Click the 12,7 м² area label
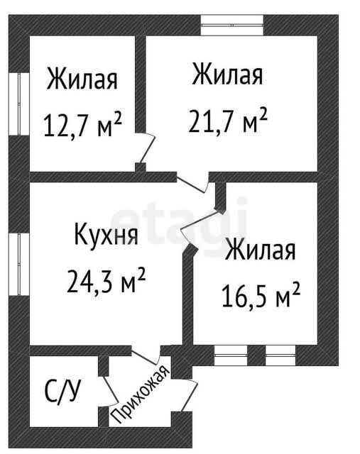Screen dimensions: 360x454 tap(82, 125)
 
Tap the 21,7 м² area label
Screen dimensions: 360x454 tap(227, 120)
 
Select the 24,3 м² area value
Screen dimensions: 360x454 tap(106, 280)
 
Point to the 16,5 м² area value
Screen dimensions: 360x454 tap(261, 294)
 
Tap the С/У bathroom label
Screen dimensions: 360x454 tap(62, 392)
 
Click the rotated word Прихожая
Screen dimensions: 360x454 tap(141, 394)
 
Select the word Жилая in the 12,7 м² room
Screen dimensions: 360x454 tap(82, 79)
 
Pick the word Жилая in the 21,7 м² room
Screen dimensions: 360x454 tap(227, 74)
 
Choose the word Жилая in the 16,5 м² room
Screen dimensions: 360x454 tap(261, 249)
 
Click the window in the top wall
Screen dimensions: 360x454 tap(232, 26)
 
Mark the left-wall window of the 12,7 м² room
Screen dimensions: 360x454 tap(19, 104)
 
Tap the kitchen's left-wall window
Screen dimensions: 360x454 tap(19, 265)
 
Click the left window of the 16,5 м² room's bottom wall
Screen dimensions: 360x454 tap(231, 355)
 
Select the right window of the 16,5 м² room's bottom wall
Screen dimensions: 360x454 tap(280, 355)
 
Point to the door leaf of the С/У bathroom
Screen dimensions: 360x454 tap(111, 390)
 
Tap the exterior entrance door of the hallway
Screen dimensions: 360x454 tap(190, 395)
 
